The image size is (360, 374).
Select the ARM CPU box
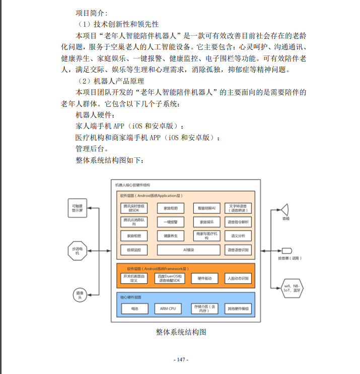pyautogui.click(x=168, y=308)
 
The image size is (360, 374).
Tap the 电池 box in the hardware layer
pyautogui.click(x=134, y=308)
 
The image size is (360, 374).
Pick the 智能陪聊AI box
pyautogui.click(x=206, y=208)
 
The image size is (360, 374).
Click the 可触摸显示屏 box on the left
pyautogui.click(x=78, y=208)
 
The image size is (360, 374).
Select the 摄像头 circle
pyautogui.click(x=79, y=294)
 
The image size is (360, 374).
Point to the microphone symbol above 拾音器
pyautogui.click(x=285, y=250)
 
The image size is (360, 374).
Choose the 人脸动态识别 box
pyautogui.click(x=238, y=278)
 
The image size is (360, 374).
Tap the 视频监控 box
pyautogui.click(x=134, y=250)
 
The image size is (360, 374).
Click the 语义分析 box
pyautogui.click(x=238, y=235)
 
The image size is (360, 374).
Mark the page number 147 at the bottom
pyautogui.click(x=180, y=359)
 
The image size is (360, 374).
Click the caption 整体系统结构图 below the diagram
pyautogui.click(x=181, y=332)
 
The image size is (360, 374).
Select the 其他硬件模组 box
pyautogui.click(x=238, y=308)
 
